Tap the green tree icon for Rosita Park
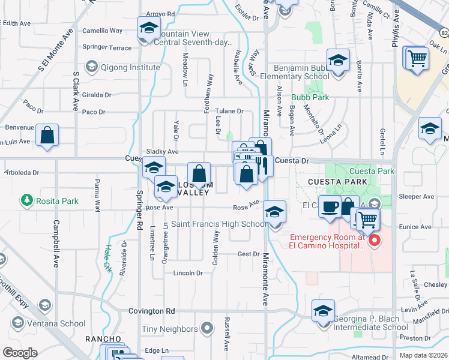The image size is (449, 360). (x=26, y=199)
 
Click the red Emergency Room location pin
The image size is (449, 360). (x=375, y=241)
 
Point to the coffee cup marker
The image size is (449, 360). (x=329, y=206)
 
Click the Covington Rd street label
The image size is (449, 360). (x=151, y=311)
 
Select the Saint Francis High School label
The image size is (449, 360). (x=219, y=224)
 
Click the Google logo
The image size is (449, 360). (x=20, y=353)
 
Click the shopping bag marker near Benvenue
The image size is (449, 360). (x=47, y=136)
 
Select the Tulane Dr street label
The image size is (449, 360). (x=230, y=111)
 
